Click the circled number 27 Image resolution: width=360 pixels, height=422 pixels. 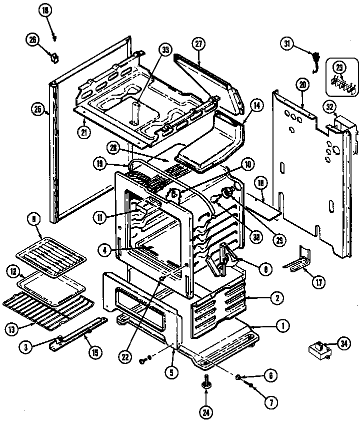(x=199, y=44)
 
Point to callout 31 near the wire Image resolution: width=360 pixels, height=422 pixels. (x=287, y=45)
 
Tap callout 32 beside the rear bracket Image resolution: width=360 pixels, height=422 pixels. (x=329, y=107)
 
